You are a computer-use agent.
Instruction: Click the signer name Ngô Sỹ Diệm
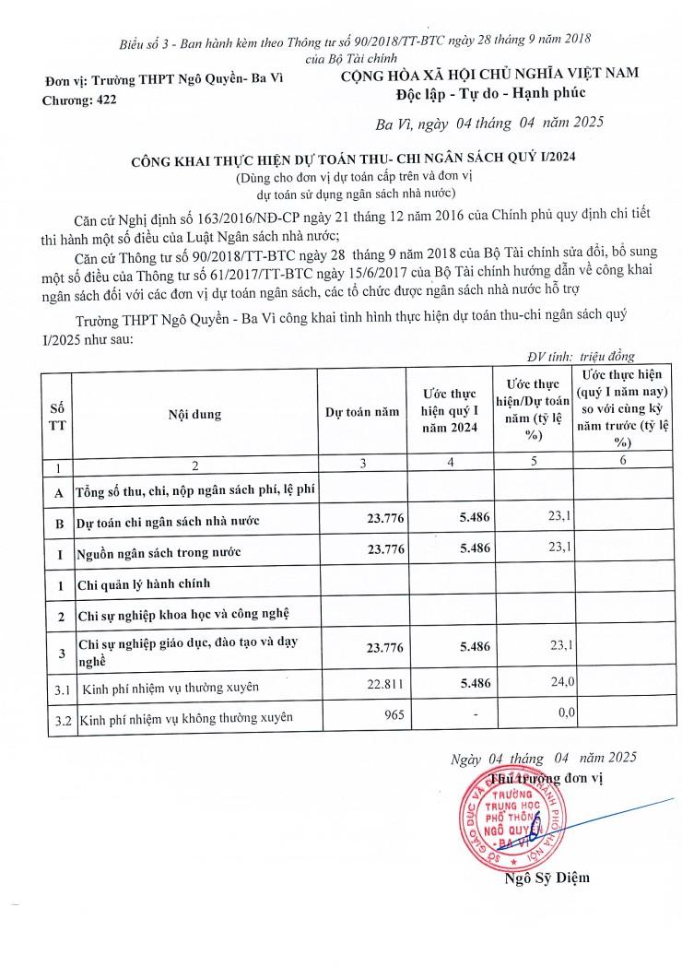coord(547,877)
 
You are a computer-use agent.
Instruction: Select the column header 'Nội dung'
coord(194,414)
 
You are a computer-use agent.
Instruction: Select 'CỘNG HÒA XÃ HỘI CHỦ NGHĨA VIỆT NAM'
coord(488,72)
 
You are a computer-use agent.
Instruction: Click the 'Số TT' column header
coord(57,414)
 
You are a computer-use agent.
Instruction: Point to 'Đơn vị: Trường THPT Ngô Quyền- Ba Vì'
coord(164,79)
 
